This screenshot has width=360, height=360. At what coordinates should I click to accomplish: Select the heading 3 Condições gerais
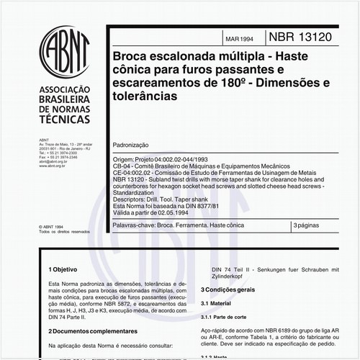[228, 289]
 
